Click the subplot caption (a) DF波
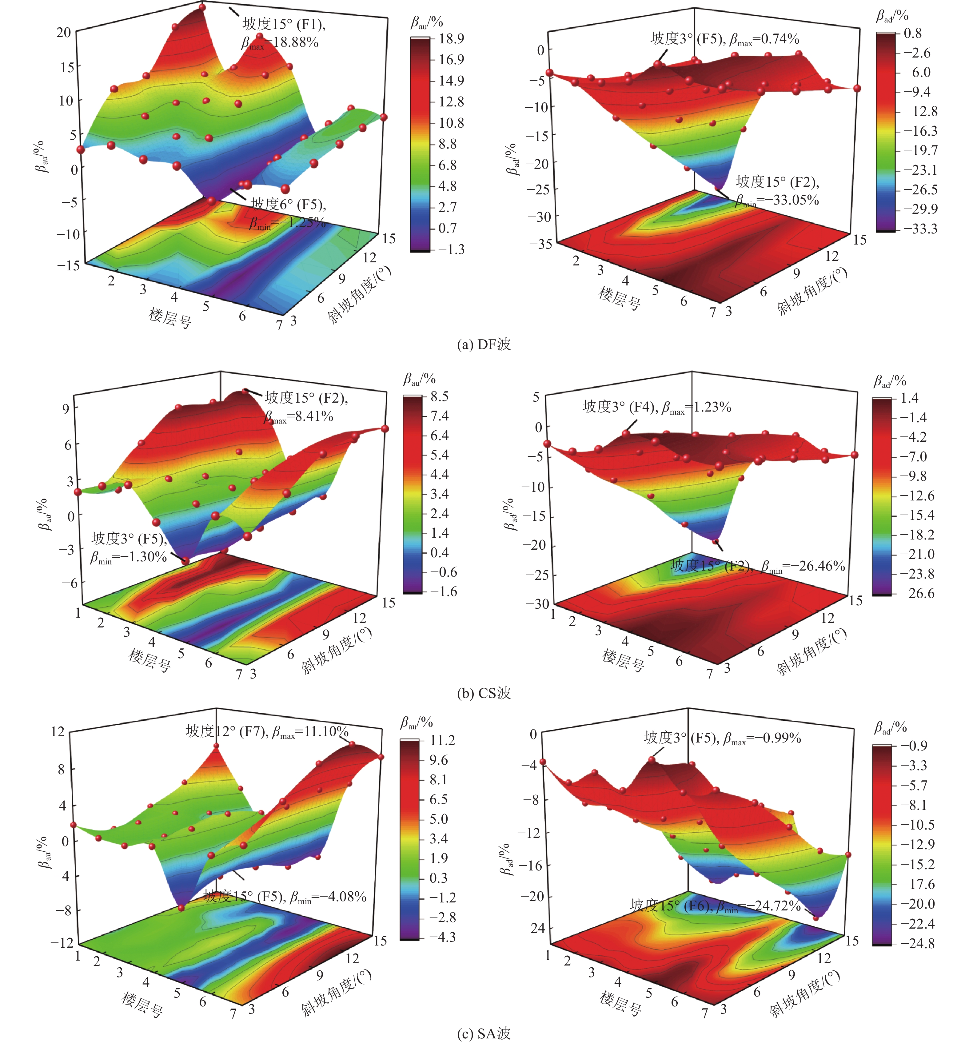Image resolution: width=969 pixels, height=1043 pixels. (x=484, y=344)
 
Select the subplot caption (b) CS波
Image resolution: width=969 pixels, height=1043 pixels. (x=484, y=693)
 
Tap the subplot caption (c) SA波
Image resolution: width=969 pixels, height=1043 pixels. (x=484, y=1033)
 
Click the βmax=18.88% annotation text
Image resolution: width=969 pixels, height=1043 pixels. (x=280, y=42)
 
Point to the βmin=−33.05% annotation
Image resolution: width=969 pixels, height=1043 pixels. (x=777, y=200)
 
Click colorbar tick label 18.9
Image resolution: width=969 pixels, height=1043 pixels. (x=451, y=38)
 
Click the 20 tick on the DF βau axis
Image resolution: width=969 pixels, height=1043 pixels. (x=63, y=33)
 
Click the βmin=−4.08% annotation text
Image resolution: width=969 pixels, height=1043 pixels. (x=328, y=897)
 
